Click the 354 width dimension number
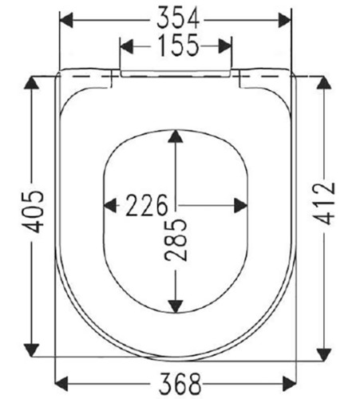point(178,18)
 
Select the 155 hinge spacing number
point(178,45)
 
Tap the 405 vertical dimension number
point(33,211)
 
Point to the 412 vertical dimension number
point(324,203)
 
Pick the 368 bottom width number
point(180,384)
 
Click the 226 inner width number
point(147,205)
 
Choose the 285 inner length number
point(176,239)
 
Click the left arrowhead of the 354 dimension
point(66,20)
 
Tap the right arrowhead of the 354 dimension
point(285,20)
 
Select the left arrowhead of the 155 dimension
point(126,46)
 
